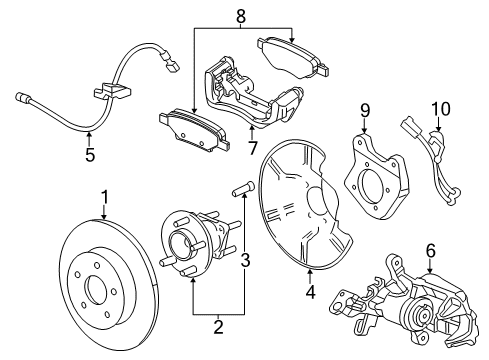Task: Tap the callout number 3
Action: click(x=245, y=261)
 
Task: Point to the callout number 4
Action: click(x=310, y=293)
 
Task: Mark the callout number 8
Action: click(x=240, y=14)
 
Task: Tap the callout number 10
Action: click(x=435, y=108)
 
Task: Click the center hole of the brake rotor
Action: click(x=98, y=292)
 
